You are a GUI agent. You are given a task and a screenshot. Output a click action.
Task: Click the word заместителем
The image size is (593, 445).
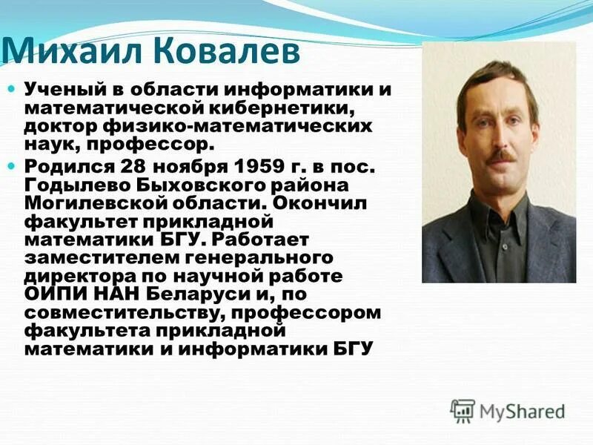(98, 257)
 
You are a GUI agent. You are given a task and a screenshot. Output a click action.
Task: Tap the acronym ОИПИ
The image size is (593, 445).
(53, 294)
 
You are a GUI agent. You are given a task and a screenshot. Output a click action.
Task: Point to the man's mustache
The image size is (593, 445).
(503, 156)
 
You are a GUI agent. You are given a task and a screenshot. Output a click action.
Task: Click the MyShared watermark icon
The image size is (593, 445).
(463, 410)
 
